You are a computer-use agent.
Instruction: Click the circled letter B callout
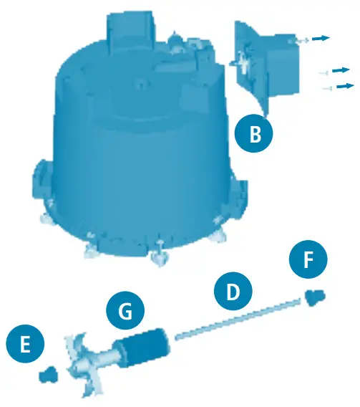[253, 133]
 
